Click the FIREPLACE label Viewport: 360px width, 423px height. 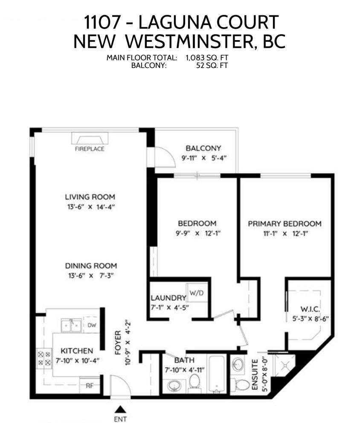[90, 149]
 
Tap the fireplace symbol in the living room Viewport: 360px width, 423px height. [90, 138]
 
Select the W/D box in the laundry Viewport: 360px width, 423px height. [197, 293]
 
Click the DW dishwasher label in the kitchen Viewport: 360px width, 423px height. [92, 325]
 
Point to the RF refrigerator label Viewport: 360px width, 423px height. [90, 386]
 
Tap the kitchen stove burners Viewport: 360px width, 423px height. [44, 358]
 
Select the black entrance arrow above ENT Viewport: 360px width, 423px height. [120, 409]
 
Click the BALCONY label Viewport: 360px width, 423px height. [203, 148]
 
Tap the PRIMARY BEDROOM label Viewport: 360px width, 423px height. [285, 223]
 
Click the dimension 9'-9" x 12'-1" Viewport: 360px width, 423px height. [198, 233]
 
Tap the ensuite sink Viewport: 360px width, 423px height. [238, 364]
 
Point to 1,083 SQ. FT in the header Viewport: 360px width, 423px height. [207, 58]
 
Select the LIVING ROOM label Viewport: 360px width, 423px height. [90, 197]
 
